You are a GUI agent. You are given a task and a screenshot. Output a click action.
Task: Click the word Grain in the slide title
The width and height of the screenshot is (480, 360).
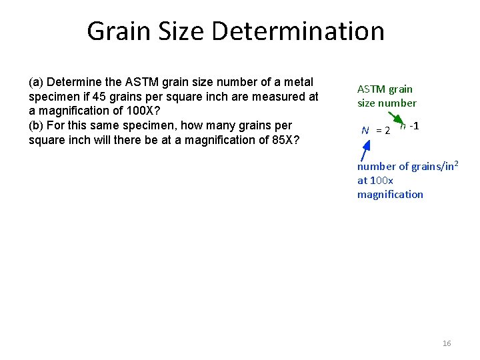tap(120, 31)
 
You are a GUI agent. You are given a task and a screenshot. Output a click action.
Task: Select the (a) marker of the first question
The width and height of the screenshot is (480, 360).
tap(37, 82)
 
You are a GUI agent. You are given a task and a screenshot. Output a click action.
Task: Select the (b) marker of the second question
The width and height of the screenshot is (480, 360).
tap(37, 125)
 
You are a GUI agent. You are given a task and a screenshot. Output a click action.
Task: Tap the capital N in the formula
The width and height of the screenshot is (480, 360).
tap(365, 130)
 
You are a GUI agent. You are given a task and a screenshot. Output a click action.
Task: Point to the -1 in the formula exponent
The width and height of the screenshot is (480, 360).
tap(414, 125)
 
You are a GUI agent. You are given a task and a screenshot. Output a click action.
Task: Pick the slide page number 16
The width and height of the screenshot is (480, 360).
tap(447, 343)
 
